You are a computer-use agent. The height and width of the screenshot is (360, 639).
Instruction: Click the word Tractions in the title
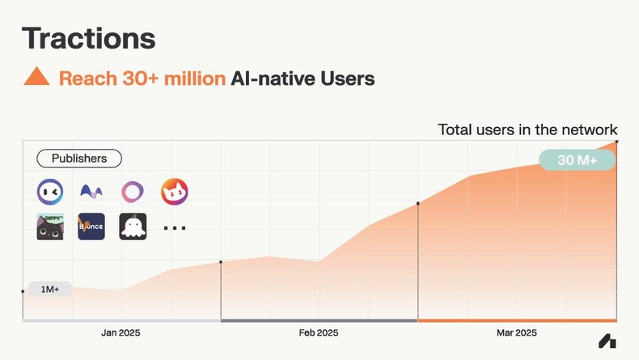[x=88, y=37]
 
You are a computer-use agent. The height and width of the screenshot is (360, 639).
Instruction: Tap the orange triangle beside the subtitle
[x=36, y=78]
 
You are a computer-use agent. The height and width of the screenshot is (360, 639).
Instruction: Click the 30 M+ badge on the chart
[x=577, y=159]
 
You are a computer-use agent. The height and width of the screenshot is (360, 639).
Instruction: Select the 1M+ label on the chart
[x=50, y=289]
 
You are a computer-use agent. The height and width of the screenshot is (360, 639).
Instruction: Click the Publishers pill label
[x=78, y=159]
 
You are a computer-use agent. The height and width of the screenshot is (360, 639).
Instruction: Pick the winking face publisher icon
[x=50, y=192]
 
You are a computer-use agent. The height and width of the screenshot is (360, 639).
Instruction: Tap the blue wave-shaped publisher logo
[x=91, y=192]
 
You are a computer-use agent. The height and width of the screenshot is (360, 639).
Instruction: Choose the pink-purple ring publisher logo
[x=133, y=192]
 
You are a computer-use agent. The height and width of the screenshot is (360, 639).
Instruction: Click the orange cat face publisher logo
[x=174, y=192]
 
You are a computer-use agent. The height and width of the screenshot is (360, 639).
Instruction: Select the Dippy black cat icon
[x=50, y=227]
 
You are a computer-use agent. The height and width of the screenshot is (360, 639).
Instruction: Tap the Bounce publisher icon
[x=91, y=227]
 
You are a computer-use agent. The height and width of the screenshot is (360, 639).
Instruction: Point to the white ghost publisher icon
[x=133, y=227]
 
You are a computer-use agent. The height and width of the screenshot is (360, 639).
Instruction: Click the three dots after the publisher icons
[x=174, y=228]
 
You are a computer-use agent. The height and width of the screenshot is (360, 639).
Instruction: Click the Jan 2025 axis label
[x=121, y=332]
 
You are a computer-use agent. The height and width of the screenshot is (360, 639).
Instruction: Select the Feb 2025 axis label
[x=319, y=332]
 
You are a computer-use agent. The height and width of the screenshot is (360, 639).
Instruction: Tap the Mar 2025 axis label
[x=516, y=332]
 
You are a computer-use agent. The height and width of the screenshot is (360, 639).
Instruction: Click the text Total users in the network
[x=527, y=129]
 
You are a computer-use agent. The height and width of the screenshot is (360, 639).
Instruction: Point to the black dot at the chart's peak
[x=617, y=142]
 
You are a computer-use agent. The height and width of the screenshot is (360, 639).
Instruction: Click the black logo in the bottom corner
[x=607, y=341]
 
